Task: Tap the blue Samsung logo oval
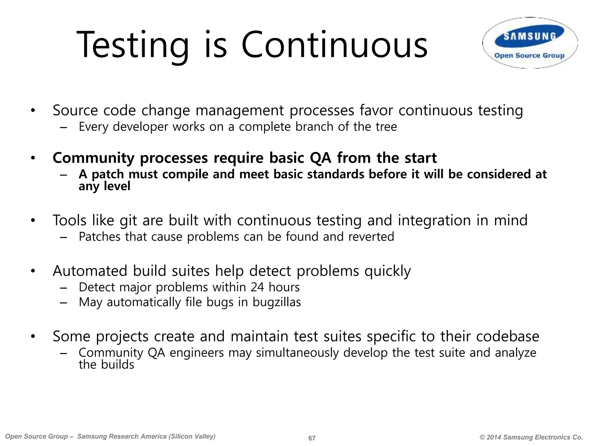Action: pyautogui.click(x=530, y=36)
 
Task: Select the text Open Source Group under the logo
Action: pyautogui.click(x=529, y=55)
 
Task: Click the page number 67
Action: pyautogui.click(x=312, y=438)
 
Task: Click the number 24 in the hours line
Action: pyautogui.click(x=257, y=287)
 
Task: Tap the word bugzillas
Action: pyautogui.click(x=277, y=302)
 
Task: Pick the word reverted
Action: pyautogui.click(x=371, y=237)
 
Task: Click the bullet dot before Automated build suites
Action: pyautogui.click(x=33, y=271)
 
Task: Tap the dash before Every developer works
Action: pyautogui.click(x=64, y=127)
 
